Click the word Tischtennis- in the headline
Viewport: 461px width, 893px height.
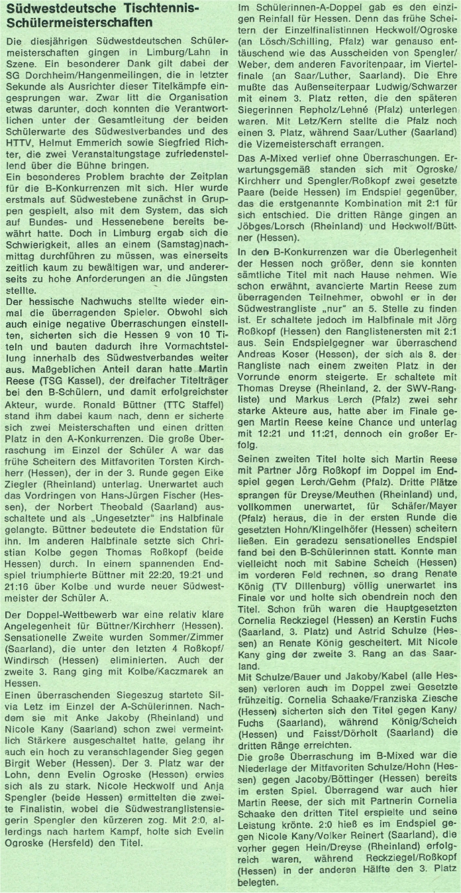[x=168, y=9]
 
